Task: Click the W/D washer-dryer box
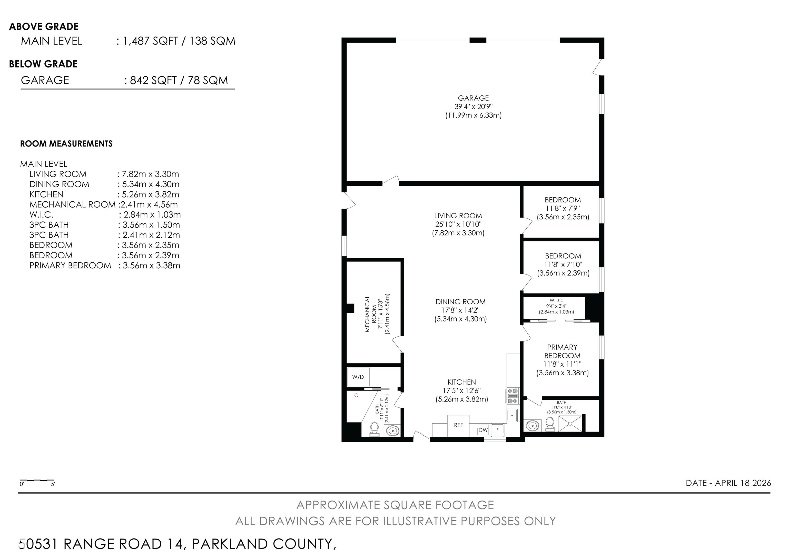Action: [x=358, y=377]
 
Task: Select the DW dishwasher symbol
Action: [x=483, y=430]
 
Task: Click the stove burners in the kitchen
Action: [x=513, y=396]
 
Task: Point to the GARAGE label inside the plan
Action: [x=473, y=98]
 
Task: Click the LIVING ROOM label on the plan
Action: [x=458, y=216]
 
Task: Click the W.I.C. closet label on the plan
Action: [x=556, y=300]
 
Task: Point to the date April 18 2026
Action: [x=728, y=483]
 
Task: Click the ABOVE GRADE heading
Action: [x=44, y=26]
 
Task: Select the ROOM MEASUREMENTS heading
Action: [x=66, y=143]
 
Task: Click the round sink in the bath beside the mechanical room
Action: [x=393, y=430]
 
